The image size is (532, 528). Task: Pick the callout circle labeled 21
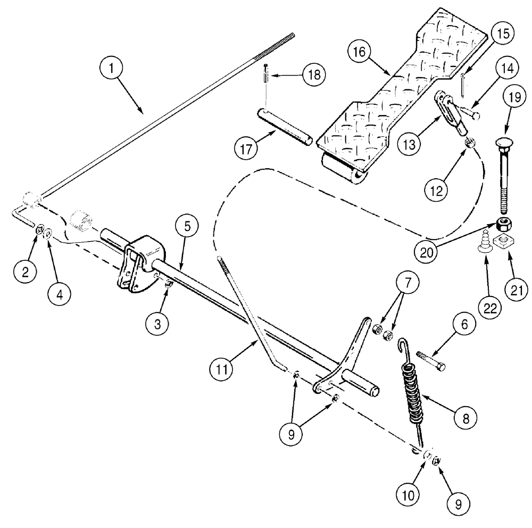pyautogui.click(x=515, y=290)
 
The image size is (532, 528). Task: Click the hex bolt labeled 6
pyautogui.click(x=430, y=356)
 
